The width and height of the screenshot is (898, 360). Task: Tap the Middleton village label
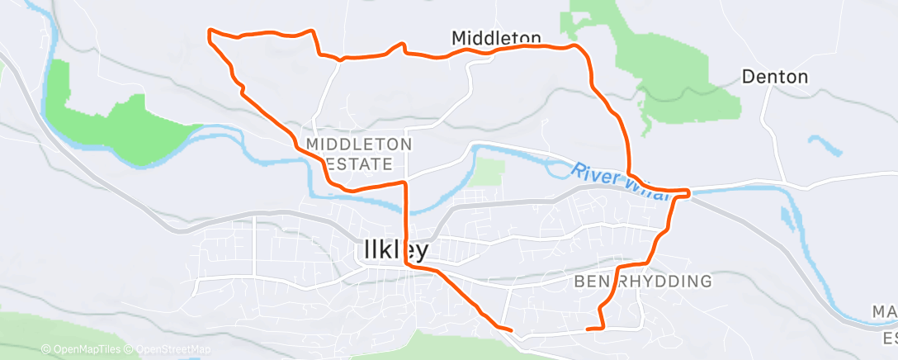coord(496,37)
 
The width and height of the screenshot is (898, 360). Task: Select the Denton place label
coord(773,77)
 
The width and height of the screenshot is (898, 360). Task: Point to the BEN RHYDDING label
coord(641,282)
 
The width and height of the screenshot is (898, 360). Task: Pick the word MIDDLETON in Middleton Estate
coord(358,144)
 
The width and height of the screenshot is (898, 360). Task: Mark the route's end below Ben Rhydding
coord(587,329)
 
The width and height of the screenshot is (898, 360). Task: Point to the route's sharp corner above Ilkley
coord(404,182)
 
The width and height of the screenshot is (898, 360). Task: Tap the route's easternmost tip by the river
coord(688,192)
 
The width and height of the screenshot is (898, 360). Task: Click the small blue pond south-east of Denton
coord(825,146)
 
